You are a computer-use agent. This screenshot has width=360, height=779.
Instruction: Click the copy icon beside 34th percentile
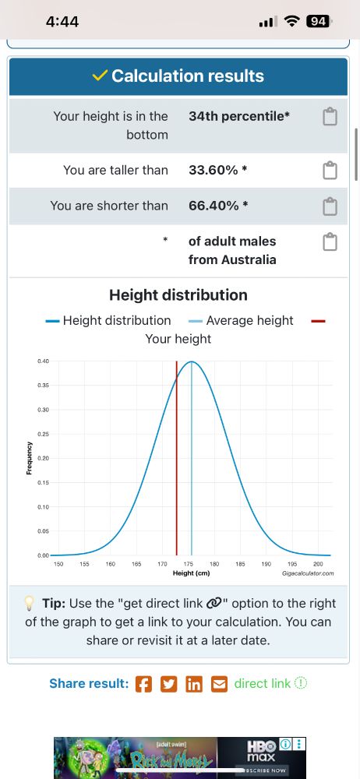(x=330, y=117)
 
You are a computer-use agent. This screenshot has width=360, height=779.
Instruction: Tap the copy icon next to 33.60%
(x=330, y=170)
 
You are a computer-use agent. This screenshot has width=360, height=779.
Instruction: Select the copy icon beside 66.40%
(x=330, y=206)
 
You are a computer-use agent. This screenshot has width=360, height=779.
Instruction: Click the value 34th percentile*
(x=239, y=116)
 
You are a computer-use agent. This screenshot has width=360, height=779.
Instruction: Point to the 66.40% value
(x=218, y=206)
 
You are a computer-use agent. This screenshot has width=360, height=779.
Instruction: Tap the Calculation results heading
(x=178, y=76)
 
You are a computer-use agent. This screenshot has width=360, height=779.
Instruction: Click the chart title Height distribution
(x=178, y=295)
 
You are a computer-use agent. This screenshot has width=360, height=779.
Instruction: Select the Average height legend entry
(x=241, y=320)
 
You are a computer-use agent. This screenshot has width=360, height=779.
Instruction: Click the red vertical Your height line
(x=176, y=460)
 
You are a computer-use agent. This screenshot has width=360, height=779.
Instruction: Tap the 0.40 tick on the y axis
(x=43, y=361)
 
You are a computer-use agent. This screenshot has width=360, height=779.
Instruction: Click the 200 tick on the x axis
(x=318, y=563)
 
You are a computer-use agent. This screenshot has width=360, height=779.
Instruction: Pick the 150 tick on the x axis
(x=58, y=563)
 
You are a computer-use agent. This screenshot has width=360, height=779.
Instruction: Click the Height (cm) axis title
(x=191, y=573)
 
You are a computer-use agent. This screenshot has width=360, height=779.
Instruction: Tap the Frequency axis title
(x=30, y=458)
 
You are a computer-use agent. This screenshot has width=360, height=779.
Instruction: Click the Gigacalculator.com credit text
(x=309, y=573)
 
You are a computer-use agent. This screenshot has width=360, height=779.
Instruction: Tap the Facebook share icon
(x=143, y=684)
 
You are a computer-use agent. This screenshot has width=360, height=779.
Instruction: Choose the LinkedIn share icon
(x=194, y=684)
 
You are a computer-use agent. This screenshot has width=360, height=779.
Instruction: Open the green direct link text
(x=263, y=683)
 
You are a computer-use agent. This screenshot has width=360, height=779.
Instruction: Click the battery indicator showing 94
(x=317, y=22)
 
